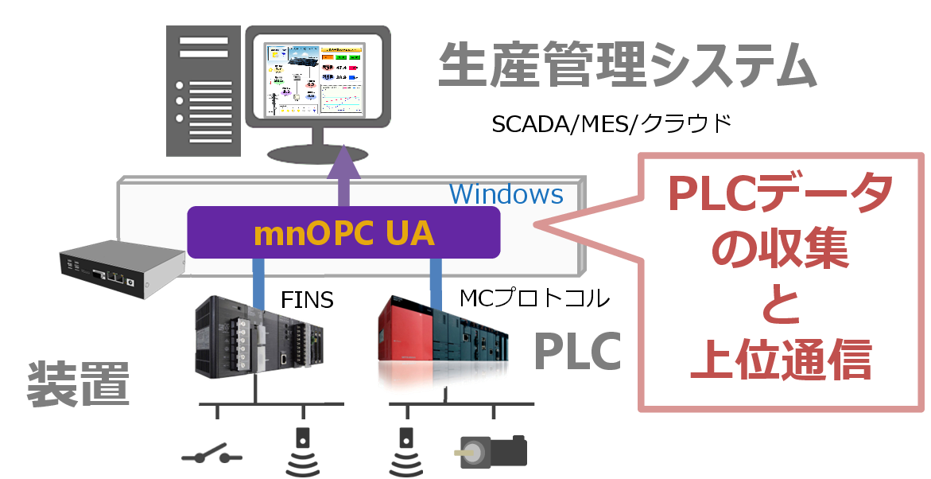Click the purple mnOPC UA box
tap(343, 232)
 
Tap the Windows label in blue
tap(506, 194)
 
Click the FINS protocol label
tap(307, 301)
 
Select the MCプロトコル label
tap(534, 298)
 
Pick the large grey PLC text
tap(576, 351)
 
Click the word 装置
tap(77, 384)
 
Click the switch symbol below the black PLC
tap(211, 458)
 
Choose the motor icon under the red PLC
tap(495, 450)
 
